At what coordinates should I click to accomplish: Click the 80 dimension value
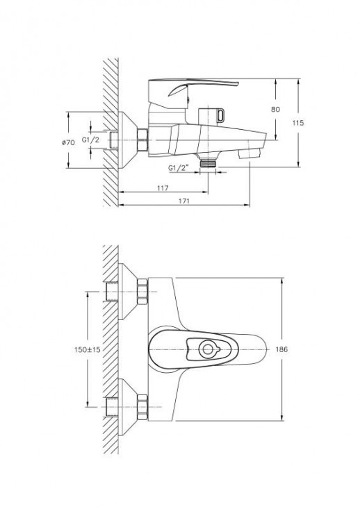point(275,110)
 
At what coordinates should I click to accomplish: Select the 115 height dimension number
point(298,123)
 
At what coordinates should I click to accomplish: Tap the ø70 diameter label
point(69,142)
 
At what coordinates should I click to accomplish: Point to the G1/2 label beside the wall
point(90,140)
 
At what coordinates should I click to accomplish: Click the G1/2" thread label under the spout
point(179,168)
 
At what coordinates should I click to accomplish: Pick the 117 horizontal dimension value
point(163,188)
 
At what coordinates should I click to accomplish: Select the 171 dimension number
point(184,201)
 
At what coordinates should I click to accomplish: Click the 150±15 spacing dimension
point(88,349)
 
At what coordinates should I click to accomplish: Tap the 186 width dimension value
point(281,349)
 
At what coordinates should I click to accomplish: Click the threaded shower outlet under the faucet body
point(208,161)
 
